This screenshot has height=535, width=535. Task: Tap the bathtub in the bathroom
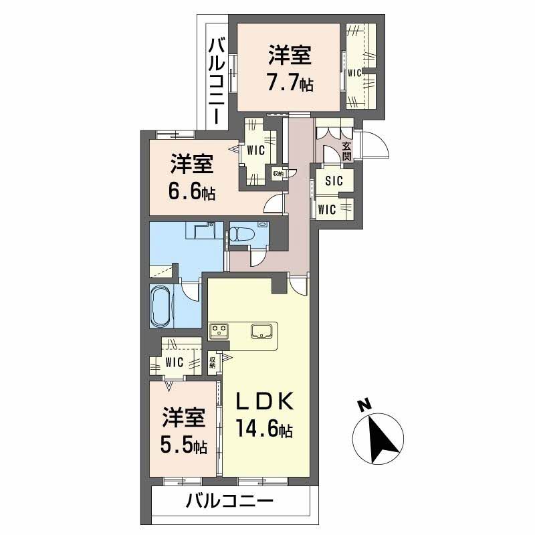click(x=160, y=306)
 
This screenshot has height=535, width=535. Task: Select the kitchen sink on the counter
click(x=263, y=330)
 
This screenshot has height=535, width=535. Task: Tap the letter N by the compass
click(x=364, y=405)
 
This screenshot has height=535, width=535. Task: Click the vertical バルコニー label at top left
click(x=217, y=80)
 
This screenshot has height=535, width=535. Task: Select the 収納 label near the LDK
click(x=213, y=362)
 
